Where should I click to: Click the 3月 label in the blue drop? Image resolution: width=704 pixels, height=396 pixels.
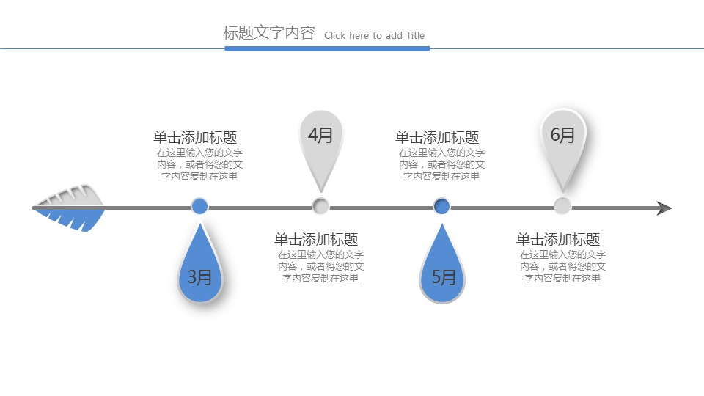[x=199, y=277]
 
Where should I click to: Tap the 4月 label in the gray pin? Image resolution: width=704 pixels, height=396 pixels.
[x=320, y=135]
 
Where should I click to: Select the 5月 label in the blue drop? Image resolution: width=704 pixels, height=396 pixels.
[x=443, y=277]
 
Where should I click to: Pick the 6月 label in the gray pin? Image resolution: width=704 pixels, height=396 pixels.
[x=562, y=135]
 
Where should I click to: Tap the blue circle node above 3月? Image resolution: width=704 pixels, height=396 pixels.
[x=199, y=206]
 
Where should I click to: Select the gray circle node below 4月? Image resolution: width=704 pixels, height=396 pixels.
[x=320, y=206]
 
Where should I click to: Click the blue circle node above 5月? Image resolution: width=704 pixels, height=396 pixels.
[x=441, y=206]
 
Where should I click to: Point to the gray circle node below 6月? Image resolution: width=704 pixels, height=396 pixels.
[x=562, y=206]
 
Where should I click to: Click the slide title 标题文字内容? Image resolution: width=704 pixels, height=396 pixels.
[x=268, y=33]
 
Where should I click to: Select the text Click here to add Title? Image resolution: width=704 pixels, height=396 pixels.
[x=374, y=35]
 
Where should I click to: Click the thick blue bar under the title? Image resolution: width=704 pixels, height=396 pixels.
[x=327, y=48]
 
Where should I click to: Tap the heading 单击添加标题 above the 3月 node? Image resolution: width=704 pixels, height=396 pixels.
[x=195, y=137]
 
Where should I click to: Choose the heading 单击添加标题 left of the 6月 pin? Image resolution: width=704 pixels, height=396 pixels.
[x=437, y=137]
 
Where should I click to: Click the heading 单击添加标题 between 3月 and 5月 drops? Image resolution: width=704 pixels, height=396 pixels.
[x=316, y=239]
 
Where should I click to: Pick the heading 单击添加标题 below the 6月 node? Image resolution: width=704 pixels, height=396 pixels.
[x=558, y=239]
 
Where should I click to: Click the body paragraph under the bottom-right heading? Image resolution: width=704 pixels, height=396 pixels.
[x=562, y=266]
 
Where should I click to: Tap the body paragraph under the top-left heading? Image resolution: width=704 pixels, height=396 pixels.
[x=199, y=164]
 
